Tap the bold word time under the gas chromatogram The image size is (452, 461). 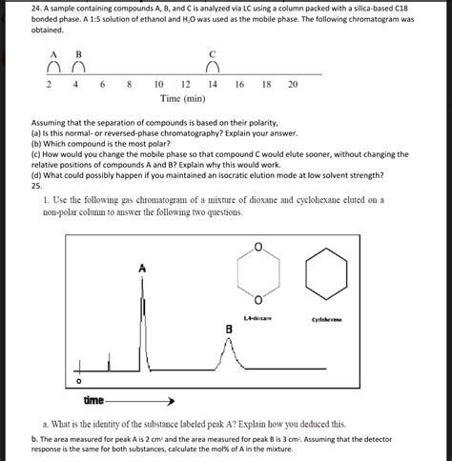point(93,401)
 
